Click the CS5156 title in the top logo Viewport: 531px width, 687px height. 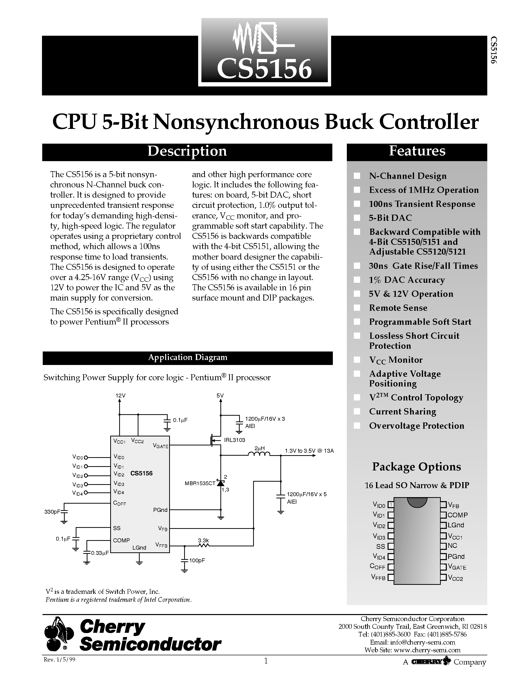[x=264, y=69]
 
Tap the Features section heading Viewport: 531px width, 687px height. [x=417, y=151]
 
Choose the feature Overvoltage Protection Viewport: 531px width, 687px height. [x=417, y=426]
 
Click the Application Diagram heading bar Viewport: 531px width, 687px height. [x=187, y=358]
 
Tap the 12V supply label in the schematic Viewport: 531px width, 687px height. [x=120, y=396]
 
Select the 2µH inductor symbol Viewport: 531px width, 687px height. [x=259, y=454]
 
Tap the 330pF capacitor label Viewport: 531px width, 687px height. [x=52, y=512]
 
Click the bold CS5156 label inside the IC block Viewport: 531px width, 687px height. [x=141, y=473]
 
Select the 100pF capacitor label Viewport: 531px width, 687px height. [x=197, y=561]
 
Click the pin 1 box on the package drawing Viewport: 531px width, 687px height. [x=390, y=505]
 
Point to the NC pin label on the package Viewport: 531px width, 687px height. [x=452, y=546]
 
